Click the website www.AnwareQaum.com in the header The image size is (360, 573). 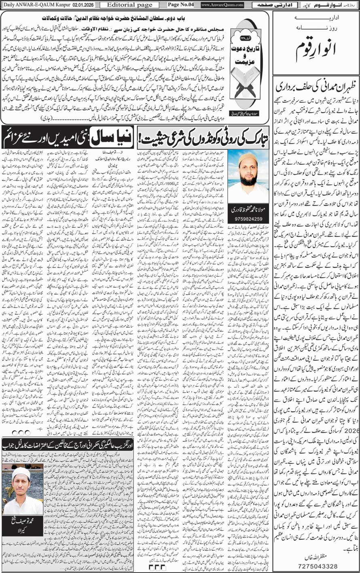[x=222, y=5]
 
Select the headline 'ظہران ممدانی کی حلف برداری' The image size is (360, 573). [x=316, y=86]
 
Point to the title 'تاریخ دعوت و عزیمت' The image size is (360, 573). [x=245, y=51]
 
